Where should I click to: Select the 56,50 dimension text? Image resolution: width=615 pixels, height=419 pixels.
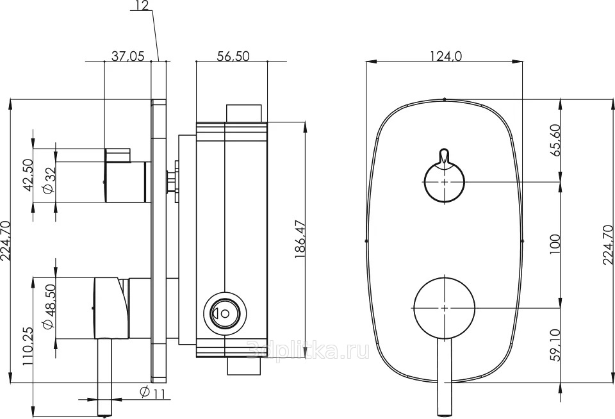point(233,56)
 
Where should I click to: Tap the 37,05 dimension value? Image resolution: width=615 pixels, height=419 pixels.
point(128,56)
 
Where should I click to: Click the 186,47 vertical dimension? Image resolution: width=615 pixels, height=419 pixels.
point(300,240)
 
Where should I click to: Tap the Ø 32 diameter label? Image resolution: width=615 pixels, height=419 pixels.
point(49,179)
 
